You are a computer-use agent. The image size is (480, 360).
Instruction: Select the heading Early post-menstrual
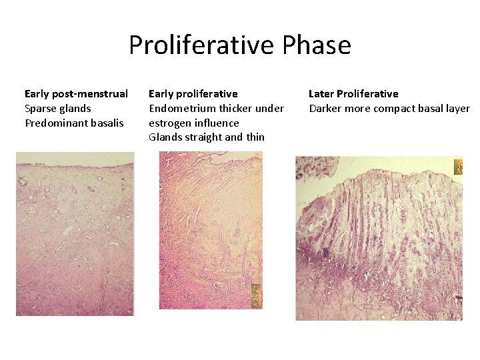76,93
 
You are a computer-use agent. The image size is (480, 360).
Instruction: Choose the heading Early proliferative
193,93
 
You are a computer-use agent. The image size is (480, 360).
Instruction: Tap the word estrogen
170,123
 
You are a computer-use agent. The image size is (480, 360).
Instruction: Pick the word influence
217,123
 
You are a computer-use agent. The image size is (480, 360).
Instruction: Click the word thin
255,137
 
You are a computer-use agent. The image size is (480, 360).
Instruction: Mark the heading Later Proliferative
353,93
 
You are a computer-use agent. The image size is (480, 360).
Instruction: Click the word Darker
325,108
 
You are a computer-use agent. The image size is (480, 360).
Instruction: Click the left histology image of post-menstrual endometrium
75,233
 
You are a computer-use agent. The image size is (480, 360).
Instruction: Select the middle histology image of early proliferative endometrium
210,230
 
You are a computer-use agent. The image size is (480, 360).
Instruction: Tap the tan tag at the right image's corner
458,167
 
